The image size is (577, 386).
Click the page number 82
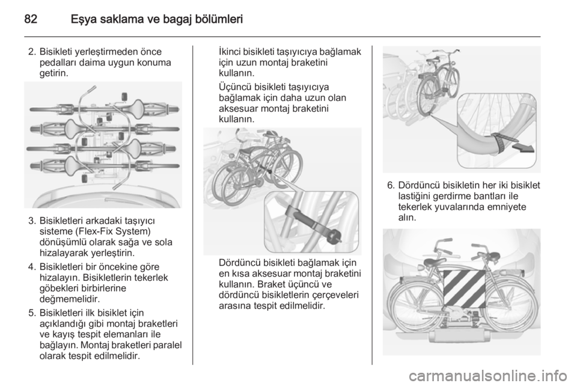coord(31,19)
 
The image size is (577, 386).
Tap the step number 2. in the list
coord(32,52)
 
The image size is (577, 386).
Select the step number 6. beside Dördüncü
coord(391,185)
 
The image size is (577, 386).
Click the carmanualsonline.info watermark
coord(488,376)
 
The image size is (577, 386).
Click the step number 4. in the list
coord(32,266)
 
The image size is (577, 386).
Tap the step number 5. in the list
coord(32,313)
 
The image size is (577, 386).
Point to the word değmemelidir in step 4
coord(69,298)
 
